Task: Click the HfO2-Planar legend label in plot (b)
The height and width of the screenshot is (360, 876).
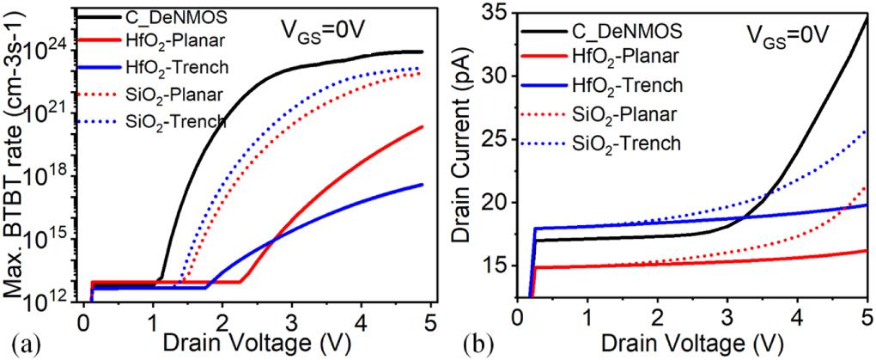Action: coord(625,57)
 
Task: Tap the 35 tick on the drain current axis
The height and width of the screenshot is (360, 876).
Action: coord(490,13)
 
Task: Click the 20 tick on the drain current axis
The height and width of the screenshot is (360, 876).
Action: coord(490,203)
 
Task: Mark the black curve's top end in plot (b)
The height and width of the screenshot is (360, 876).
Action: coord(867,17)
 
